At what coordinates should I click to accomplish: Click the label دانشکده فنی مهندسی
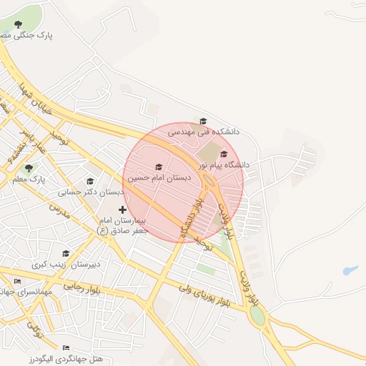coord(204,132)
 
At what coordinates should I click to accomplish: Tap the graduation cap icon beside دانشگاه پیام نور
coord(224,154)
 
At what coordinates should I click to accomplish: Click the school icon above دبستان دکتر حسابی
coord(90,181)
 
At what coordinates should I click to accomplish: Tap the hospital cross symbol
coord(123,209)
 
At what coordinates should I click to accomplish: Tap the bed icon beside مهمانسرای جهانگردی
coord(17,282)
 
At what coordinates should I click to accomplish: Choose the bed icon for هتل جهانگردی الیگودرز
coord(66,347)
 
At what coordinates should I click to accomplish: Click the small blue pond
coord(350,271)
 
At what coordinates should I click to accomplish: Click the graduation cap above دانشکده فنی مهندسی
coord(203,122)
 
